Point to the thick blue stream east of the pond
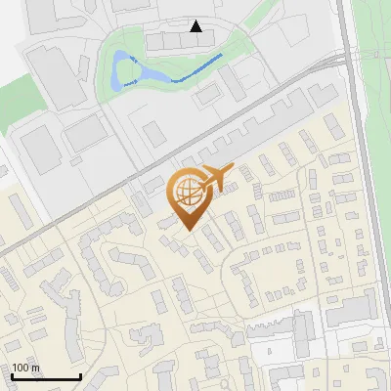(200, 68)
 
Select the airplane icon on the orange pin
(213, 178)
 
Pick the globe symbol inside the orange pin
(186, 193)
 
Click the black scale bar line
(45, 376)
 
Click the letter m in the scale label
(35, 368)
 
